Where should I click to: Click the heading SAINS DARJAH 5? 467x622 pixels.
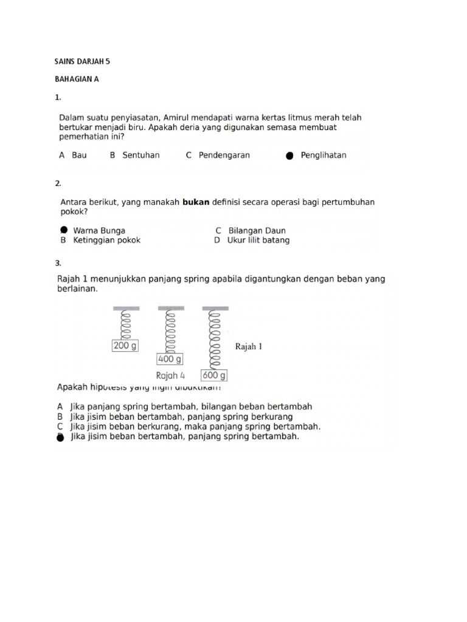coord(83,61)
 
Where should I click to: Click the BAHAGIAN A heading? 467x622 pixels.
coord(77,79)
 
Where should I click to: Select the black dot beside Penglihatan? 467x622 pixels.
coord(289,155)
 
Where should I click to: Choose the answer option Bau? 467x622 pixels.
coord(79,155)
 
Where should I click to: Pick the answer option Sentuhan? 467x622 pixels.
coord(141,155)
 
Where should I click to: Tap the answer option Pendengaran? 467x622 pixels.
coord(226,155)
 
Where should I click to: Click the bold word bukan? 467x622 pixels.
coord(196,202)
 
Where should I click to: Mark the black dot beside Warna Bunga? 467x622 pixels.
coord(64,230)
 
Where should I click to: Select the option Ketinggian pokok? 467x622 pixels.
coord(106,240)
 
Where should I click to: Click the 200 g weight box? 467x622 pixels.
coord(126,346)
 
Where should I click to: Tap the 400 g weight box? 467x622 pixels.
coord(170,359)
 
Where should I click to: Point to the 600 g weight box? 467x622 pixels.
coord(214,375)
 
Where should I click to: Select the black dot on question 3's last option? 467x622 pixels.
coord(60,437)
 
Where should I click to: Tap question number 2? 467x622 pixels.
coord(58,183)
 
